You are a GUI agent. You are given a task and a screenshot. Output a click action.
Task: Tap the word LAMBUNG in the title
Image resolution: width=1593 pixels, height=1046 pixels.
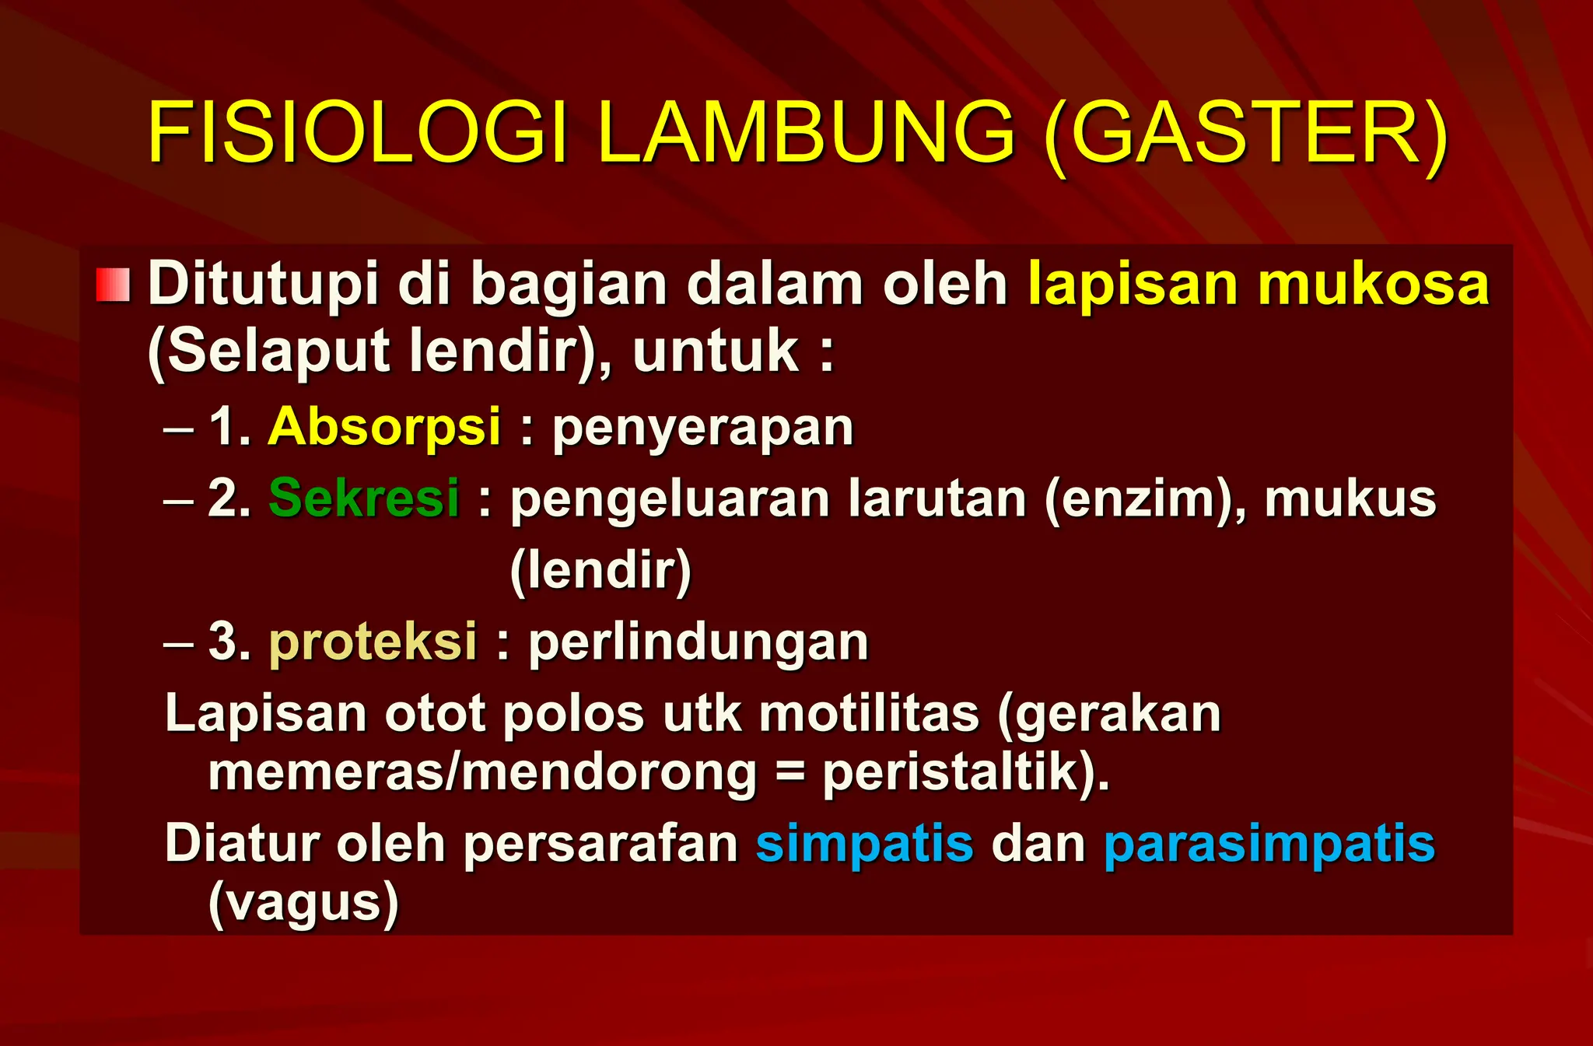coord(806,133)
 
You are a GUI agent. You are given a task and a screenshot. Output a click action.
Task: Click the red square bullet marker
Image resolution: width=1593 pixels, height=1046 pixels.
coord(113,285)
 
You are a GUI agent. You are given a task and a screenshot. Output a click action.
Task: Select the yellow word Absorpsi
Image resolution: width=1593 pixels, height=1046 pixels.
coord(384,428)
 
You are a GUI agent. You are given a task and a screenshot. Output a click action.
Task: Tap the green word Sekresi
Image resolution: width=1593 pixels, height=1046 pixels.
coord(364,499)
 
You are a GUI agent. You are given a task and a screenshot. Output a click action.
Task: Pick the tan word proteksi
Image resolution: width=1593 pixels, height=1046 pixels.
coord(373,642)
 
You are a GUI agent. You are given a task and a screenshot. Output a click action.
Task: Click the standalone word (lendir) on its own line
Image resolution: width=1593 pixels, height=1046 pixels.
coord(600,571)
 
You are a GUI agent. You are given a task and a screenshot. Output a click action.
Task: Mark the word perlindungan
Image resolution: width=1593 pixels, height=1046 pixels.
coord(698,644)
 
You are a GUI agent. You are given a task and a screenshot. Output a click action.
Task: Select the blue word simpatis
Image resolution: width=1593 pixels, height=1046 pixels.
coord(864,845)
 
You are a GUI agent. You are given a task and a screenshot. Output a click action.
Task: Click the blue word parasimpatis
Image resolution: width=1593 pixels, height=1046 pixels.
coord(1269,845)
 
